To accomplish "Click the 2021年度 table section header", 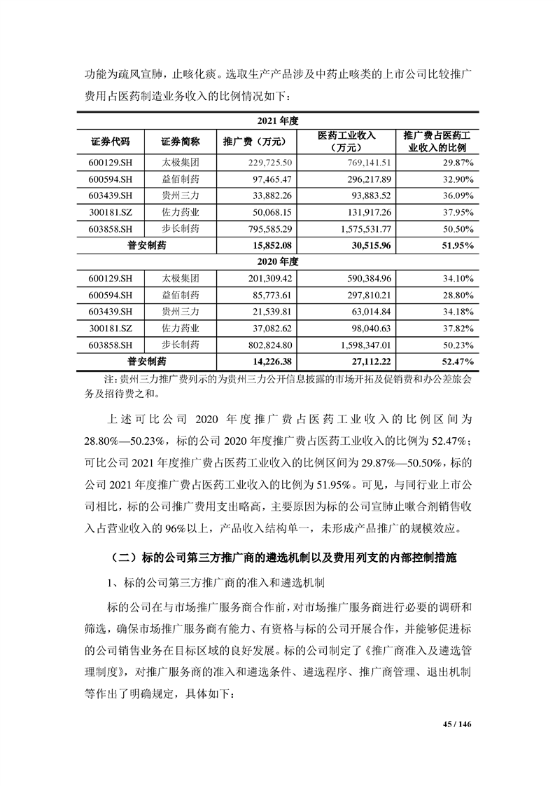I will point(278,120).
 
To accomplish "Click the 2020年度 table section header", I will point(278,261).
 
